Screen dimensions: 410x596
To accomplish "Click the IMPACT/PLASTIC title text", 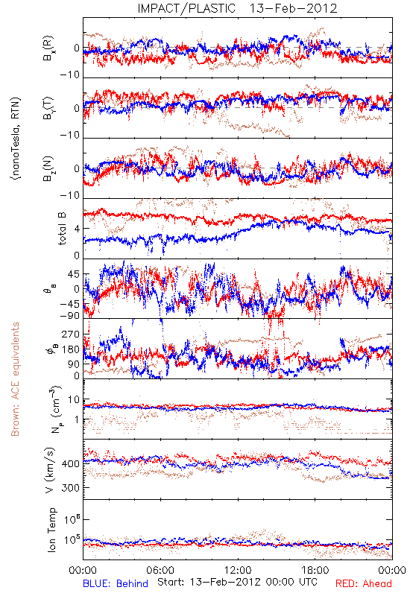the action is coord(186,8).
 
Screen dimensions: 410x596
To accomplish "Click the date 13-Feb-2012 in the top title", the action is coord(293,8).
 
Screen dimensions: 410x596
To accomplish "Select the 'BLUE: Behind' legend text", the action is coord(116,583).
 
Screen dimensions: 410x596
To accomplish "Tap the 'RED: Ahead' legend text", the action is coord(363,583).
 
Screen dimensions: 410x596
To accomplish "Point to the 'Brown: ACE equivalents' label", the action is coord(15,379).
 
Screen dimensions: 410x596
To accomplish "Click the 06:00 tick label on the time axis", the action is coord(160,570).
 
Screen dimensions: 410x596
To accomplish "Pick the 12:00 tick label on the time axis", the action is coord(238,570).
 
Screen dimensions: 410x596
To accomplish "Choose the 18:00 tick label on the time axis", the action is coord(315,570).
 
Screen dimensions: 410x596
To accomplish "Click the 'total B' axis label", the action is coord(62,229).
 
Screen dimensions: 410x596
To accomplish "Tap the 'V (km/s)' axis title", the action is coord(50,470).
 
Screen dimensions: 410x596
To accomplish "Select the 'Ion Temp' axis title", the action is coord(51,530).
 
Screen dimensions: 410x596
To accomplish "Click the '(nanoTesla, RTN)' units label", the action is coord(16,138).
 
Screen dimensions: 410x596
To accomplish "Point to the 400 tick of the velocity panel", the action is coord(70,463).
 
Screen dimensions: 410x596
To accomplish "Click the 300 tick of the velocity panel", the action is coord(70,488).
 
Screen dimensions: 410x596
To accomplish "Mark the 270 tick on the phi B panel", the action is coord(71,334).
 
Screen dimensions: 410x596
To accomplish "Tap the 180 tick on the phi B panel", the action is coord(71,349).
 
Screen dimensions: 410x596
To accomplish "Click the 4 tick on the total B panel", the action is coord(77,229).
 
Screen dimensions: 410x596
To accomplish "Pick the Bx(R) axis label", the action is coord(48,48).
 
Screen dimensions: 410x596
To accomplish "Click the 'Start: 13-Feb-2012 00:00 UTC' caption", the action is coord(237,582).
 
